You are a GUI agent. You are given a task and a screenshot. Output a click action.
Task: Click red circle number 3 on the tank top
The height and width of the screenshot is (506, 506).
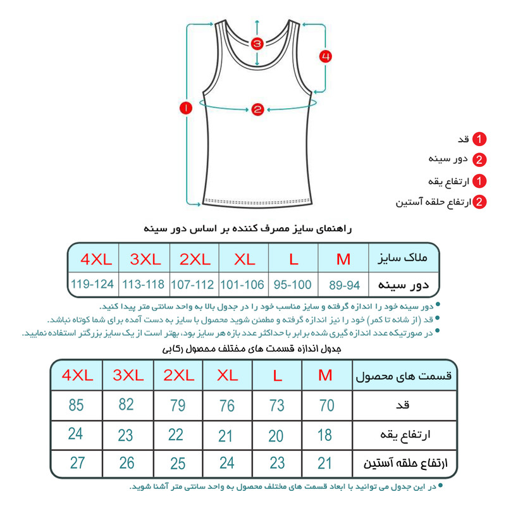pyautogui.click(x=257, y=44)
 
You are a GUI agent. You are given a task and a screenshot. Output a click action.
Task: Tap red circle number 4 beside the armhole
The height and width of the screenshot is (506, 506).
pyautogui.click(x=325, y=56)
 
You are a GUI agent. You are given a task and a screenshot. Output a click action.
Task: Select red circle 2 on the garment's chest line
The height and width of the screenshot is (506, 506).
pyautogui.click(x=257, y=109)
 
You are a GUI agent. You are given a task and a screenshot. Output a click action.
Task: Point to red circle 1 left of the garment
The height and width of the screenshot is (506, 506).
pyautogui.click(x=185, y=109)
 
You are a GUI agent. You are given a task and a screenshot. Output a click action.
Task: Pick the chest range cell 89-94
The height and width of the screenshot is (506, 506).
pyautogui.click(x=344, y=284)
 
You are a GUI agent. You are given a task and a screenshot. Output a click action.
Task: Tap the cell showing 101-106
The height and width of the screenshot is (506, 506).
pyautogui.click(x=242, y=284)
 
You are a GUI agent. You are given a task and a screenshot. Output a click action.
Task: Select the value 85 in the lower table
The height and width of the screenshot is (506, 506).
pyautogui.click(x=76, y=405)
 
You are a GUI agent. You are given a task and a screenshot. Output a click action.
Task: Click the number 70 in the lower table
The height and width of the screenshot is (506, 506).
pyautogui.click(x=326, y=405)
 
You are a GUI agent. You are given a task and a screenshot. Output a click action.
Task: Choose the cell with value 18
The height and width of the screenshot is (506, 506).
pyautogui.click(x=326, y=435)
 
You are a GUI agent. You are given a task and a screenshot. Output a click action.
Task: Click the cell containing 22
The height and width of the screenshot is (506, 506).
pyautogui.click(x=176, y=435)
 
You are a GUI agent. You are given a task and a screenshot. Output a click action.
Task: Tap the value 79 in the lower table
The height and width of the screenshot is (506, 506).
pyautogui.click(x=176, y=405)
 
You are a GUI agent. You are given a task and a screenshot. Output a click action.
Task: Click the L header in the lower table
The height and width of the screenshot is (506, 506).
pyautogui.click(x=277, y=375)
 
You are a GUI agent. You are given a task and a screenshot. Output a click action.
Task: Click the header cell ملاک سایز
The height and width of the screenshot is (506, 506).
pyautogui.click(x=402, y=258)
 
